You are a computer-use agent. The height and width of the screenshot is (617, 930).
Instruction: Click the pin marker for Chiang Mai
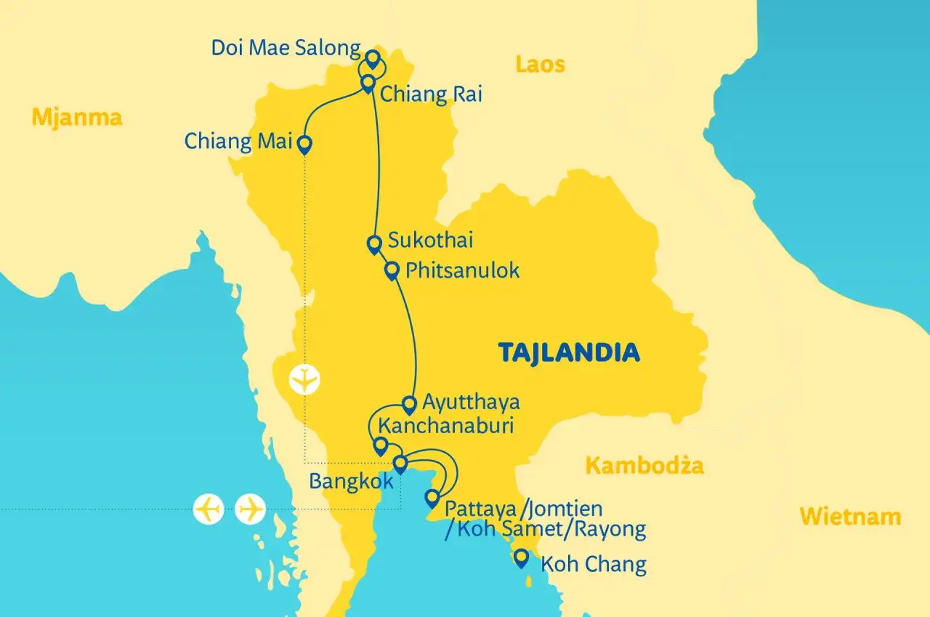[305, 145]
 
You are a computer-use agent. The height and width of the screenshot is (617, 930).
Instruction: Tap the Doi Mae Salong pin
[373, 58]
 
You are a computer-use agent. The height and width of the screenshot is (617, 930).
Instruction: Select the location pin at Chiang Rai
[368, 83]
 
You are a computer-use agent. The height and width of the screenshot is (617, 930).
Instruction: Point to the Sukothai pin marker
[374, 244]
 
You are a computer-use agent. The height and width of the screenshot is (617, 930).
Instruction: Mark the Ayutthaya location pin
[409, 404]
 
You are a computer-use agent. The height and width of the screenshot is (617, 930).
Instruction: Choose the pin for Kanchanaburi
[379, 445]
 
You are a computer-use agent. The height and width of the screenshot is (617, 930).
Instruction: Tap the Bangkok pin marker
[400, 464]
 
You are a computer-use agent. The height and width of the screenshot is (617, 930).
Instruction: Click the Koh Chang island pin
[521, 558]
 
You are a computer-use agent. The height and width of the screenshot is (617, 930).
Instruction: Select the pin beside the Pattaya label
[432, 498]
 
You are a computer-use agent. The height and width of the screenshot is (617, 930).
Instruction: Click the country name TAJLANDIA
[569, 352]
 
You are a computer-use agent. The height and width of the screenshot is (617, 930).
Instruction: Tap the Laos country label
[540, 64]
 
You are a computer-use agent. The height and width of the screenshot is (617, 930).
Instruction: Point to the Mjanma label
[76, 116]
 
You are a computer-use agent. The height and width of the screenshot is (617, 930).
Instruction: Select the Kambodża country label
[644, 465]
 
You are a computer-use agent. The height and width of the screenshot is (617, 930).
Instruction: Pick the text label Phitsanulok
[463, 270]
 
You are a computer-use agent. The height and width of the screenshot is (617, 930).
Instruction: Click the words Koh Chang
[594, 564]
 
